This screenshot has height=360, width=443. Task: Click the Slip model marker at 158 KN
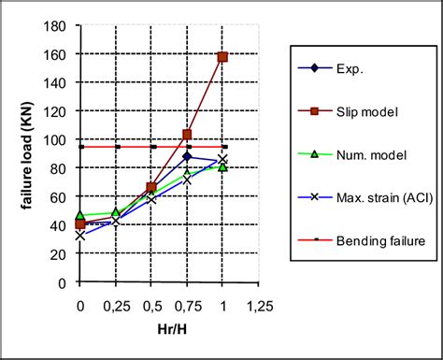222,57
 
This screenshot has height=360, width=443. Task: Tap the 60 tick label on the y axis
61,196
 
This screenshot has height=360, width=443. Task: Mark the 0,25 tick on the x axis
116,306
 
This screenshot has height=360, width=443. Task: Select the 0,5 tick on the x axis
151,306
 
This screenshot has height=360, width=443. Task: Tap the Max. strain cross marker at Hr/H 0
80,236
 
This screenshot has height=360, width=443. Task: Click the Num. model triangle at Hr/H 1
222,167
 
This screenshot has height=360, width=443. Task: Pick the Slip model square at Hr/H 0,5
151,188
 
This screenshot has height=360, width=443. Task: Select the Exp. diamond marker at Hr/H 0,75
187,156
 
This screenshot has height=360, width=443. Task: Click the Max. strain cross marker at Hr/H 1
222,159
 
